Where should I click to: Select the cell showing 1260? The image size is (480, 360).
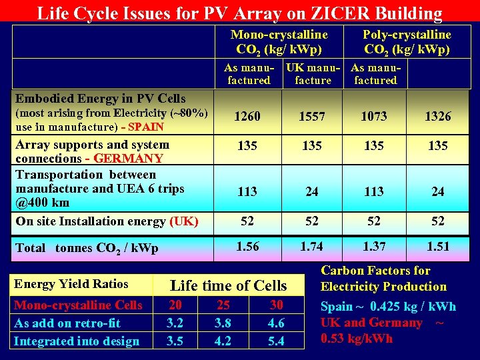247,117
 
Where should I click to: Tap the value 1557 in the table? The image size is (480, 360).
311,117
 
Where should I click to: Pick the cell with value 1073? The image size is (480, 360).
373,117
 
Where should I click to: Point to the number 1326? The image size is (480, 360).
437,117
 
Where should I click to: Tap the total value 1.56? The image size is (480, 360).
247,246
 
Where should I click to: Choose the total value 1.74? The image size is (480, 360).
311,246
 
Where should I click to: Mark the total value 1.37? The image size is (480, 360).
373,246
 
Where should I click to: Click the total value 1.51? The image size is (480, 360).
437,246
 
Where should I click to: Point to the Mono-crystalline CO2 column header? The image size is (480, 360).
279,41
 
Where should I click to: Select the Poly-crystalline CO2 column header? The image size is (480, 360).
406,41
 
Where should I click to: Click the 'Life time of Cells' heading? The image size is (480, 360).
229,286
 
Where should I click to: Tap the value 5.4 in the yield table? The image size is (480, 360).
276,341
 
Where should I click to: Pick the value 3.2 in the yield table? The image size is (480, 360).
176,323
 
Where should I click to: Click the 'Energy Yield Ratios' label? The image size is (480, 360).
71,284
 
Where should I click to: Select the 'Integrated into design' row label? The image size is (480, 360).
77,341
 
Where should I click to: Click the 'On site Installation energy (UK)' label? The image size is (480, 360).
107,221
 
